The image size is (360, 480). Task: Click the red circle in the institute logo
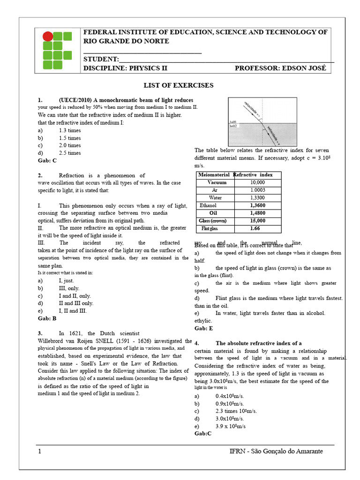(x=48, y=37)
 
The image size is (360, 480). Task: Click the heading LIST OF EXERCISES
(x=178, y=85)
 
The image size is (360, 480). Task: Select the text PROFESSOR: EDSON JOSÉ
(x=280, y=68)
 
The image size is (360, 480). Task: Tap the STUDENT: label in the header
(x=101, y=59)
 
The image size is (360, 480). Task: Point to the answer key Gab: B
(x=47, y=318)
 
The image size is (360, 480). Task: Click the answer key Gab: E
(x=203, y=329)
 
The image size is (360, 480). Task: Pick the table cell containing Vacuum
(x=217, y=182)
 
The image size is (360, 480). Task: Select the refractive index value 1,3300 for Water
(x=257, y=198)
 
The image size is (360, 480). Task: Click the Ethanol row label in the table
(x=208, y=205)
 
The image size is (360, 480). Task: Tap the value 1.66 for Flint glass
(x=255, y=228)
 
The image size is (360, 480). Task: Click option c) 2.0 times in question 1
(x=69, y=145)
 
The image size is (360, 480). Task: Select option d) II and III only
(x=76, y=303)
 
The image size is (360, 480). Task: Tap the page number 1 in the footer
(x=40, y=451)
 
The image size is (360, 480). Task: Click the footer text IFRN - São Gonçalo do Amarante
(x=276, y=451)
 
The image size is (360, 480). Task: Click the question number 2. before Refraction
(x=40, y=175)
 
